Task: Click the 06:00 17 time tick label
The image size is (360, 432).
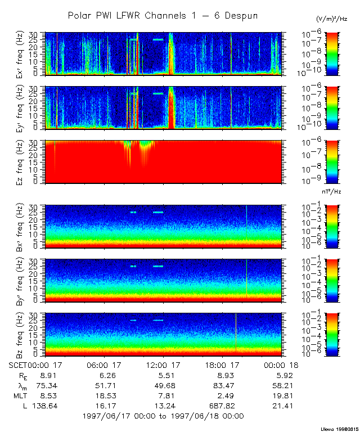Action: coord(105,364)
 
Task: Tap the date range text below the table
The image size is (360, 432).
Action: coord(163,416)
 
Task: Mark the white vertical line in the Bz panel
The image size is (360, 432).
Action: coord(236,334)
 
